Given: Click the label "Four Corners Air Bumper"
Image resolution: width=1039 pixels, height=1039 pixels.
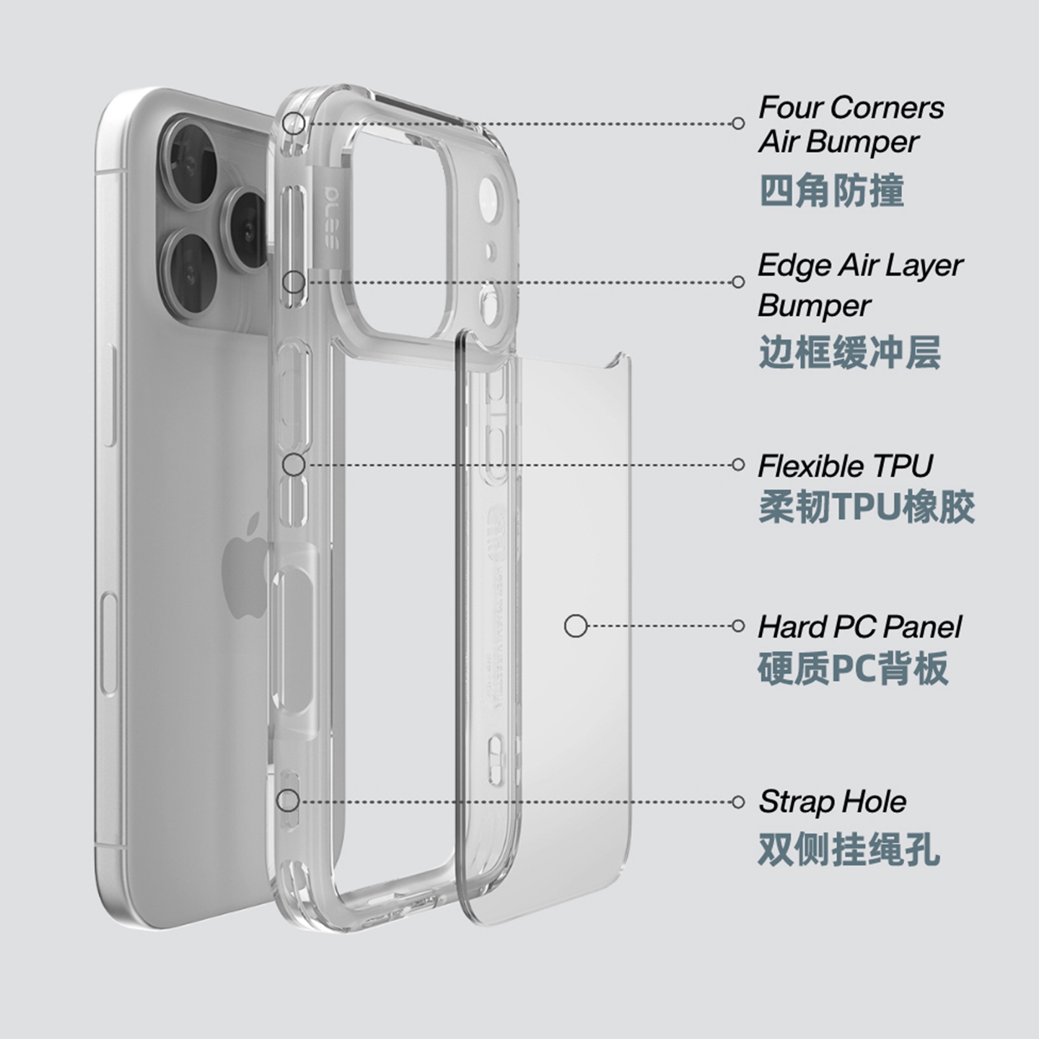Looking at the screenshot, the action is click(x=851, y=124).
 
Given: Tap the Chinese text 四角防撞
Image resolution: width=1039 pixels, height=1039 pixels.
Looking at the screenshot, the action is click(x=831, y=191).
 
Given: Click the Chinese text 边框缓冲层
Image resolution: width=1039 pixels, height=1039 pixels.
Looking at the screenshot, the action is click(x=849, y=352).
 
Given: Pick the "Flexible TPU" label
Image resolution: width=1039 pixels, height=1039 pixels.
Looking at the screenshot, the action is click(x=845, y=466).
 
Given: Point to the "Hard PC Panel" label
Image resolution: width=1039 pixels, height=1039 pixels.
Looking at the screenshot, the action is click(x=859, y=627).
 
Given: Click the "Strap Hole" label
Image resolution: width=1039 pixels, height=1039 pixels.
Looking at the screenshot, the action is click(x=832, y=802).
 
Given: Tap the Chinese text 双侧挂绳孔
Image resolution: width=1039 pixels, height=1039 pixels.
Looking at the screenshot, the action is click(x=849, y=849).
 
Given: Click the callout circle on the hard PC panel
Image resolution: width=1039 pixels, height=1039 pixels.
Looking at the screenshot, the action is click(x=575, y=626).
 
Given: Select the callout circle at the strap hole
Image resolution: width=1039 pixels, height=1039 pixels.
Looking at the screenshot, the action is click(x=288, y=800).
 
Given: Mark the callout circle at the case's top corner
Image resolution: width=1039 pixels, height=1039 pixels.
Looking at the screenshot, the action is click(x=294, y=123).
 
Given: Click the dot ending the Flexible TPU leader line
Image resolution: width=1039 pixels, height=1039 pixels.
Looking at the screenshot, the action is click(x=737, y=465).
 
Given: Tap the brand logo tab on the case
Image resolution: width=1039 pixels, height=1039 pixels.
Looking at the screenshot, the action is click(x=330, y=216).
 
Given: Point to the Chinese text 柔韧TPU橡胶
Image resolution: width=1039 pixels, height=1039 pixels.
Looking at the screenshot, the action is click(x=866, y=507).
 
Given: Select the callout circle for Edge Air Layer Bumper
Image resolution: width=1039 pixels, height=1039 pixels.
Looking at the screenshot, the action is click(x=293, y=282).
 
